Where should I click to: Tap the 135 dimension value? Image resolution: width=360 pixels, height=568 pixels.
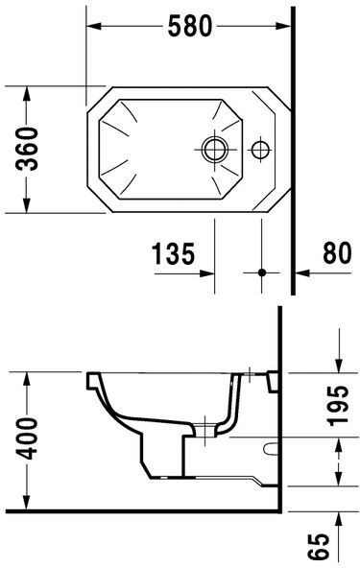173,254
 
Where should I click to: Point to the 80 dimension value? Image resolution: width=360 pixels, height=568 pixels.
335,254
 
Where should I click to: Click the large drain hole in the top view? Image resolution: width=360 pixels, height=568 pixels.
213,149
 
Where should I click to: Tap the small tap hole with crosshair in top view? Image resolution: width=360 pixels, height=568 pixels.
259,149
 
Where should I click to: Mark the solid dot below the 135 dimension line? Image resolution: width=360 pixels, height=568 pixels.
260,272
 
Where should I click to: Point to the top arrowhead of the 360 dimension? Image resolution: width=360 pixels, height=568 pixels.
29,93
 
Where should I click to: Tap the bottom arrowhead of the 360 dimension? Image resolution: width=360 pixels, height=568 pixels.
29,205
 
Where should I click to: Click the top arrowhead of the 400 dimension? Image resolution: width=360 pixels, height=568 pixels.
29,377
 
